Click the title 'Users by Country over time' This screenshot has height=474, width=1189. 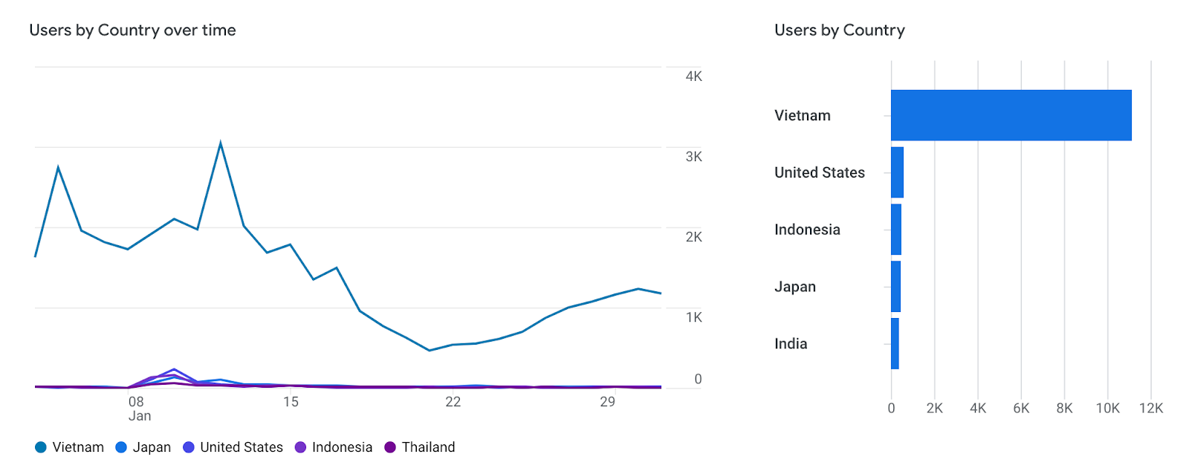click(x=132, y=30)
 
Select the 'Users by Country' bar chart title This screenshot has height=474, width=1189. click(x=839, y=30)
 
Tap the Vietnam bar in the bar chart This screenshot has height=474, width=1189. click(x=1011, y=115)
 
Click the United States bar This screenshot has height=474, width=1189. click(x=897, y=172)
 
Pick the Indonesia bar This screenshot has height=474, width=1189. click(x=896, y=230)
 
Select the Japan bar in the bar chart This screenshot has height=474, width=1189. click(x=895, y=287)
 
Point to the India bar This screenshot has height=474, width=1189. click(x=895, y=343)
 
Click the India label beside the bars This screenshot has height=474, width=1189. click(x=791, y=344)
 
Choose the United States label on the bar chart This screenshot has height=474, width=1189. click(x=819, y=172)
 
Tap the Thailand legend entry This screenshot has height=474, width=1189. click(x=420, y=447)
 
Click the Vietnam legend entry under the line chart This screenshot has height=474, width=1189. click(x=70, y=447)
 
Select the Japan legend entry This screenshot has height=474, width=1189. click(x=143, y=447)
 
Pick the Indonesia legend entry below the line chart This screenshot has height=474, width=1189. click(x=334, y=447)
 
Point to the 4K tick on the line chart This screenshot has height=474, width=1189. click(x=693, y=77)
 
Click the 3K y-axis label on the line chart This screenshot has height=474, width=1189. click(x=693, y=157)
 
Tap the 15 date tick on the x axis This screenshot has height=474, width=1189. click(x=291, y=402)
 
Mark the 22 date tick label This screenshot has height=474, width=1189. click(x=453, y=402)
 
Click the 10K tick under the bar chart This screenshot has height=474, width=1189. click(x=1107, y=408)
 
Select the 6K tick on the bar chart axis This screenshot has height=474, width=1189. click(x=1021, y=408)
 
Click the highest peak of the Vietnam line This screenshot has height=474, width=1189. click(x=221, y=143)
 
